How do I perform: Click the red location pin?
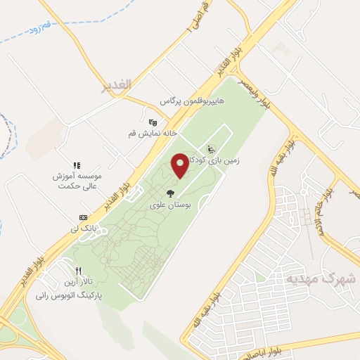[x=180, y=165]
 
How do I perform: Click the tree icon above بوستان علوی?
[x=169, y=193]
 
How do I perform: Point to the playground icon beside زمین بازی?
[x=211, y=148]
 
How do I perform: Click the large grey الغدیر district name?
[x=116, y=85]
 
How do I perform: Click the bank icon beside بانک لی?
[x=83, y=217]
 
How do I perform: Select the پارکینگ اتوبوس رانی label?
[x=67, y=296]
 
